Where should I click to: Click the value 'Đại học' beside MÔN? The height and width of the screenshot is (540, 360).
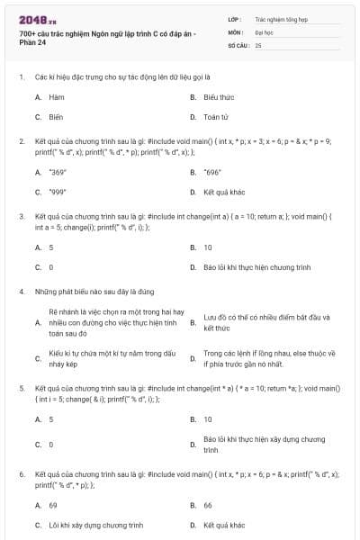pos(266,31)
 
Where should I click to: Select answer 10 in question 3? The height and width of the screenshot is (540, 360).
pos(208,246)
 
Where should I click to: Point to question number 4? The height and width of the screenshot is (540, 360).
pos(21,292)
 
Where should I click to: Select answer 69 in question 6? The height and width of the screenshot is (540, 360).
pos(53,505)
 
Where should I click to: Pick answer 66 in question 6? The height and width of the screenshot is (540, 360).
pos(208,505)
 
